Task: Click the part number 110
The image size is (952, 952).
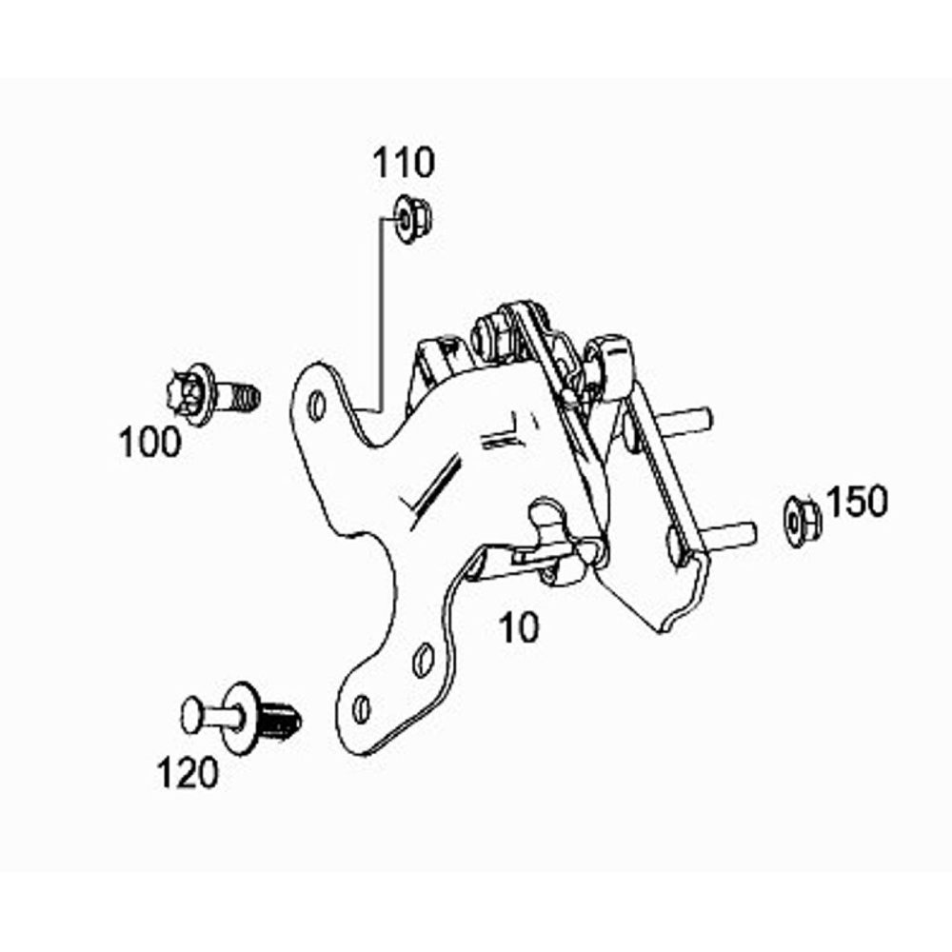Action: pos(404,163)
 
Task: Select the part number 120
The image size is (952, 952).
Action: pos(187,773)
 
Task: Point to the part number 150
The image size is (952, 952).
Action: pos(858,502)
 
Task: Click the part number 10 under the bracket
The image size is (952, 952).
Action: pos(518,627)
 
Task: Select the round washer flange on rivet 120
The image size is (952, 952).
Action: pos(241,717)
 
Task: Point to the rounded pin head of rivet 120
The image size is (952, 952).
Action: pos(192,715)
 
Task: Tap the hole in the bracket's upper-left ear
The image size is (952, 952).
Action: pos(317,406)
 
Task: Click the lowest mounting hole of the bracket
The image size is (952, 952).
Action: pos(361,709)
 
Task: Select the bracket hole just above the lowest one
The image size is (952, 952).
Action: pos(423,660)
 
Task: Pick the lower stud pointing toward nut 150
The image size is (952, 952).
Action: pos(727,533)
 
